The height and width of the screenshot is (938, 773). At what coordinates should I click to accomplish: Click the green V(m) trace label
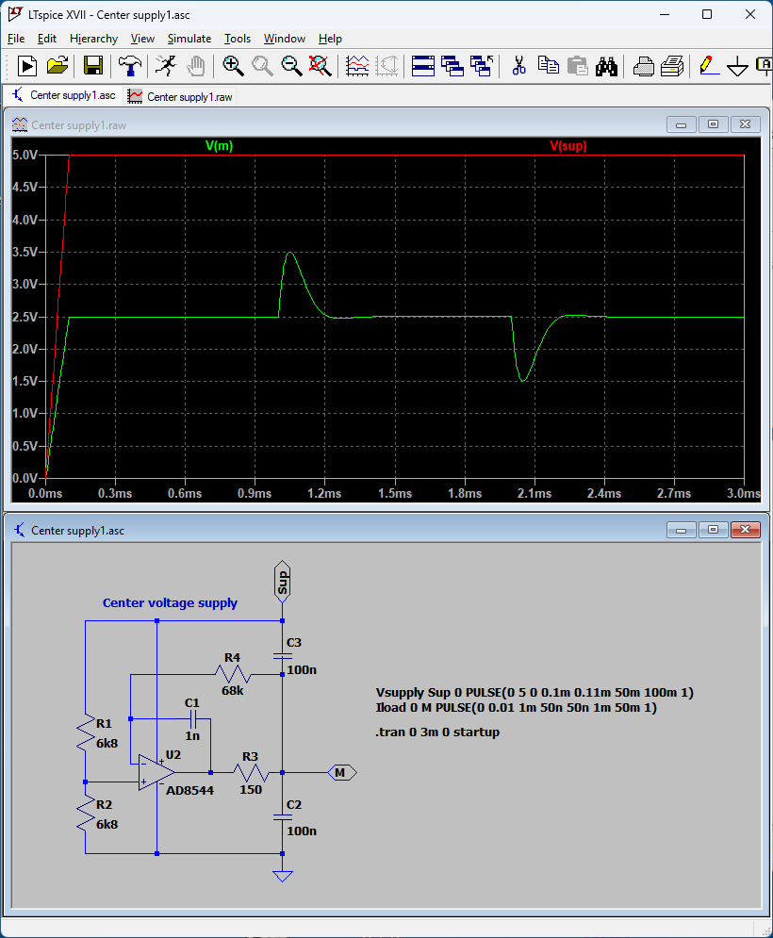(219, 145)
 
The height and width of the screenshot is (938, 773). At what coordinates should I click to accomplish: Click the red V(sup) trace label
(568, 145)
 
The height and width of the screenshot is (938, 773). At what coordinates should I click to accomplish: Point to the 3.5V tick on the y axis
(25, 252)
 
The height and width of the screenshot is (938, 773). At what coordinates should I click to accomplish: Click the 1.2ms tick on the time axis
(324, 494)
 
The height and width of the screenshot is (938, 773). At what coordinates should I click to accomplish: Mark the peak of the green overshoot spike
(290, 253)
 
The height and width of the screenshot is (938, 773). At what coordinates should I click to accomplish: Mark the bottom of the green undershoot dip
(523, 381)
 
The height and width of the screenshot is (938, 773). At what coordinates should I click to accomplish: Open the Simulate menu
(189, 39)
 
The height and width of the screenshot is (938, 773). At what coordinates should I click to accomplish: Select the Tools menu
(237, 39)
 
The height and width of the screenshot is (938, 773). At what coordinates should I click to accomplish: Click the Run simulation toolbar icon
(27, 66)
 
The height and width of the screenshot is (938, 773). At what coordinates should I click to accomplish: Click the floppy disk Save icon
(92, 66)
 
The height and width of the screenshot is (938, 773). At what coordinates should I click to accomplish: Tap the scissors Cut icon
(518, 66)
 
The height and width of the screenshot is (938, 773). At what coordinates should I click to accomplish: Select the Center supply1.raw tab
(181, 96)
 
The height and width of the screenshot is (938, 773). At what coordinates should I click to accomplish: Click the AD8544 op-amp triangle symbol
(156, 772)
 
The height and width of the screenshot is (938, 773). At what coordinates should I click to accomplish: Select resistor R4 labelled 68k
(232, 674)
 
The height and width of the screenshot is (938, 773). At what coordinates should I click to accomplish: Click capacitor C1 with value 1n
(193, 718)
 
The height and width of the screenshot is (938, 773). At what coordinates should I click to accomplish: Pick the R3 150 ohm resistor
(251, 772)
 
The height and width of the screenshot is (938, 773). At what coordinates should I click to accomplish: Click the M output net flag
(342, 772)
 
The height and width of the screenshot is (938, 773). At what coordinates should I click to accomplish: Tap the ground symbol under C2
(283, 876)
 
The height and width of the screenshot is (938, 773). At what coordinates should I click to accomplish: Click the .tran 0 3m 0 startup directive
(437, 732)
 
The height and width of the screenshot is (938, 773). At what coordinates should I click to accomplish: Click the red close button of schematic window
(745, 530)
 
